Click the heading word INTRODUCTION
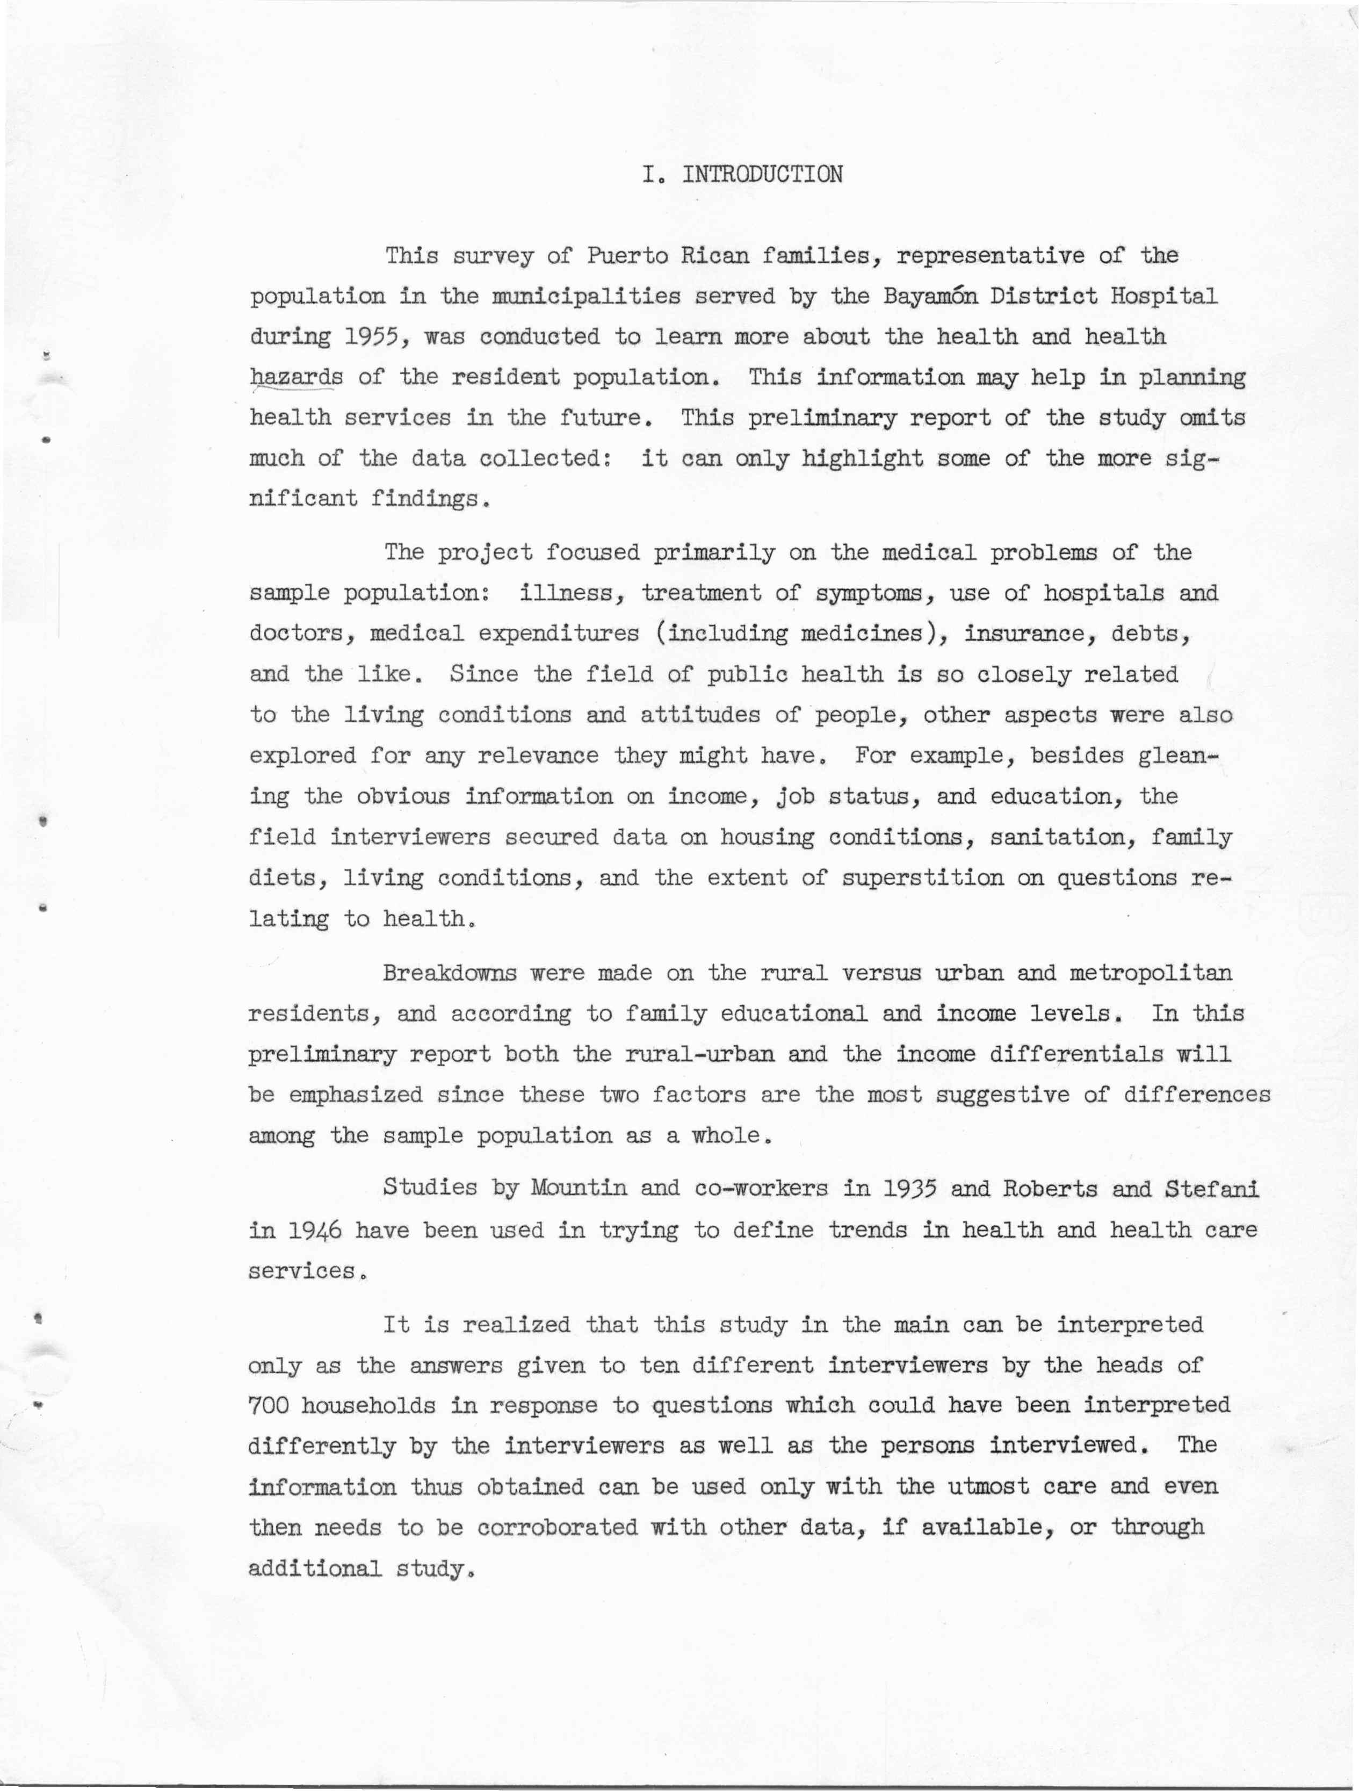tap(762, 174)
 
